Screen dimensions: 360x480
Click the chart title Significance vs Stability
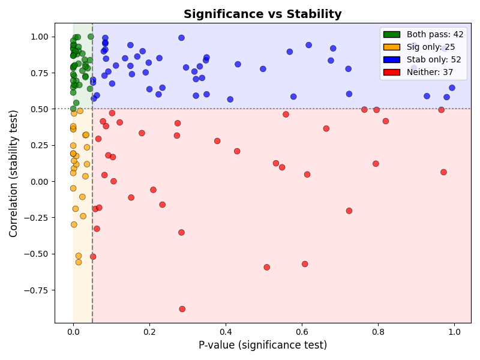[x=262, y=14]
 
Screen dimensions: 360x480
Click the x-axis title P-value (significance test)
[x=262, y=345]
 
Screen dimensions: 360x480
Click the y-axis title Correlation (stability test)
[x=13, y=173]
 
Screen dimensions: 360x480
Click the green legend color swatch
[x=391, y=35]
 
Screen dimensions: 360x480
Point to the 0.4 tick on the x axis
[x=226, y=323]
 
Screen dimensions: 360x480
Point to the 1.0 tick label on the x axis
[x=454, y=330]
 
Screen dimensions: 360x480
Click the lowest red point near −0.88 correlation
[x=182, y=309]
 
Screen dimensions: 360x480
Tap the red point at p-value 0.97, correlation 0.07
[x=443, y=172]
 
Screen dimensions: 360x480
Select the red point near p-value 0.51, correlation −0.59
[x=267, y=267]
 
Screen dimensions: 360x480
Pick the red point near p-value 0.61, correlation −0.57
[x=305, y=264]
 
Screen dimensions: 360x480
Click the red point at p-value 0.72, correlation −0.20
[x=349, y=211]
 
